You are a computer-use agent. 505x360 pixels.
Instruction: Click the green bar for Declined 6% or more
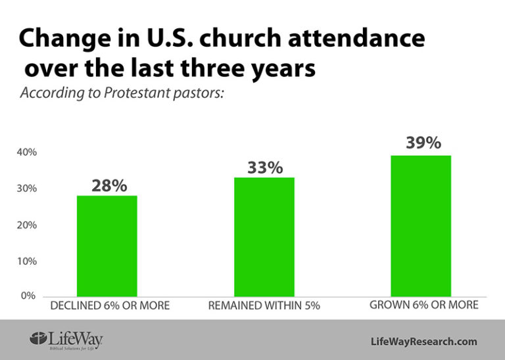tap(107, 246)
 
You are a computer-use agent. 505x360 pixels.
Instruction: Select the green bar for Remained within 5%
tap(264, 236)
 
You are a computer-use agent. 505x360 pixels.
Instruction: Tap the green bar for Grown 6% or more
tap(421, 225)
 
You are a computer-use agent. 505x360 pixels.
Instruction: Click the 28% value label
tap(109, 186)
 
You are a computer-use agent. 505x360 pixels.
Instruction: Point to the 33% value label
tap(265, 168)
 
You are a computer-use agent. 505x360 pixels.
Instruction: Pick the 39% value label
tap(423, 143)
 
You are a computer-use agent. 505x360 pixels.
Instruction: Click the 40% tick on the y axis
tap(27, 152)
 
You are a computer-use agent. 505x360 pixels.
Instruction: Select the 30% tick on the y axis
tap(27, 189)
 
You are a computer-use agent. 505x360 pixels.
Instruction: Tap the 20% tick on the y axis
tap(27, 225)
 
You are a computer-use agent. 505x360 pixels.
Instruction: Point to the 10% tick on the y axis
tap(27, 261)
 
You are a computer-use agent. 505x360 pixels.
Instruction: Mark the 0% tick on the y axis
tap(29, 296)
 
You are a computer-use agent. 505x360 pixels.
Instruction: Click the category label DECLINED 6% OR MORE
tap(110, 306)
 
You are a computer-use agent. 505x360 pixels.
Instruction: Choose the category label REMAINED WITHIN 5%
tap(263, 306)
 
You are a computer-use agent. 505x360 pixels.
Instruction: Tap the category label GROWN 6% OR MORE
tap(423, 305)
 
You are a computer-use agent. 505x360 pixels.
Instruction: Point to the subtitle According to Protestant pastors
tap(122, 93)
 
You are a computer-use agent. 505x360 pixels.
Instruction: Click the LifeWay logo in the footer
tap(66, 340)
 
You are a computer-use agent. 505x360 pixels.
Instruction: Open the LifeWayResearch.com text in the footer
tap(424, 342)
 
